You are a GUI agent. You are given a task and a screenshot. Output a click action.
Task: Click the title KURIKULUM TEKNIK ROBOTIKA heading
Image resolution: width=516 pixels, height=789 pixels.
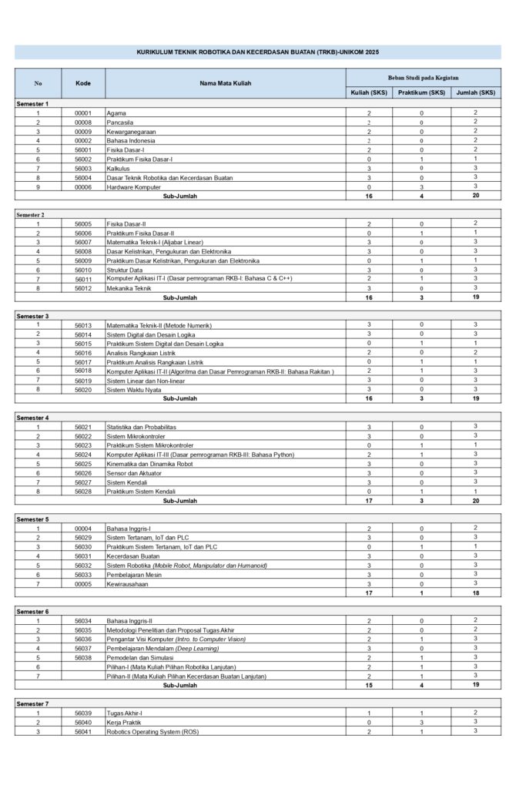pyautogui.click(x=257, y=52)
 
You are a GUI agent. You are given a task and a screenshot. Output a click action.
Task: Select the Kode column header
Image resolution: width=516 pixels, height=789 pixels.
pyautogui.click(x=82, y=82)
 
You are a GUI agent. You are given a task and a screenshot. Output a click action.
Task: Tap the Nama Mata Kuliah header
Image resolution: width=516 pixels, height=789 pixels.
pyautogui.click(x=225, y=82)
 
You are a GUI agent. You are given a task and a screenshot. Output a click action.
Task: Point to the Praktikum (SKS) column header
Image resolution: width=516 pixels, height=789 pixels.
pyautogui.click(x=421, y=92)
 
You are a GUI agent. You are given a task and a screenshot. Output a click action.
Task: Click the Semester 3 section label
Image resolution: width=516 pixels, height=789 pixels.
pyautogui.click(x=32, y=316)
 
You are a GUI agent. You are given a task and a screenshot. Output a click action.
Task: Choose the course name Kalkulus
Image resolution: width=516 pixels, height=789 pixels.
pyautogui.click(x=118, y=168)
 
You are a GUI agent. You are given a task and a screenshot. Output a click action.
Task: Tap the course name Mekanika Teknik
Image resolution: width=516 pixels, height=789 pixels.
pyautogui.click(x=129, y=288)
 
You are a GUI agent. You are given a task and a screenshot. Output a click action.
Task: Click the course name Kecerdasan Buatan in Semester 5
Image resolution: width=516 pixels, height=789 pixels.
pyautogui.click(x=133, y=556)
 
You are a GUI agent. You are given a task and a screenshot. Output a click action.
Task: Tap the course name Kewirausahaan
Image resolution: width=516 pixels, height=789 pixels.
pyautogui.click(x=128, y=584)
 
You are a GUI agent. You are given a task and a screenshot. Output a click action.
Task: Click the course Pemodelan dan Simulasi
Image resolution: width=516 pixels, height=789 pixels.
pyautogui.click(x=138, y=658)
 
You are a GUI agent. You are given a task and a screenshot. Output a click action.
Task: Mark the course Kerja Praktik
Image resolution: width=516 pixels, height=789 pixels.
pyautogui.click(x=125, y=723)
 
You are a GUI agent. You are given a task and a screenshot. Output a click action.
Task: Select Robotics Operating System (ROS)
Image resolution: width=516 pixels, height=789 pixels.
pyautogui.click(x=152, y=732)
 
